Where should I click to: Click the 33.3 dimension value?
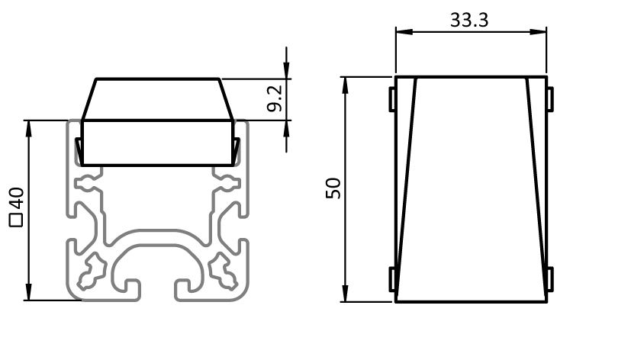[x=469, y=20]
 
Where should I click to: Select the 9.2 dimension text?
[x=275, y=98]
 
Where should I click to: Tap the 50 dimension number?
[x=333, y=188]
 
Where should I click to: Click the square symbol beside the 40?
[x=16, y=220]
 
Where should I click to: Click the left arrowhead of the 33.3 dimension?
[x=404, y=32]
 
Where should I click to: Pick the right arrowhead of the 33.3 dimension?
[x=538, y=32]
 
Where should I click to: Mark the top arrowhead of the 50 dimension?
[x=346, y=85]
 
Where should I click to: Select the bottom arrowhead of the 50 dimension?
[x=346, y=293]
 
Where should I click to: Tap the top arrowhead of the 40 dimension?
[x=28, y=129]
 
